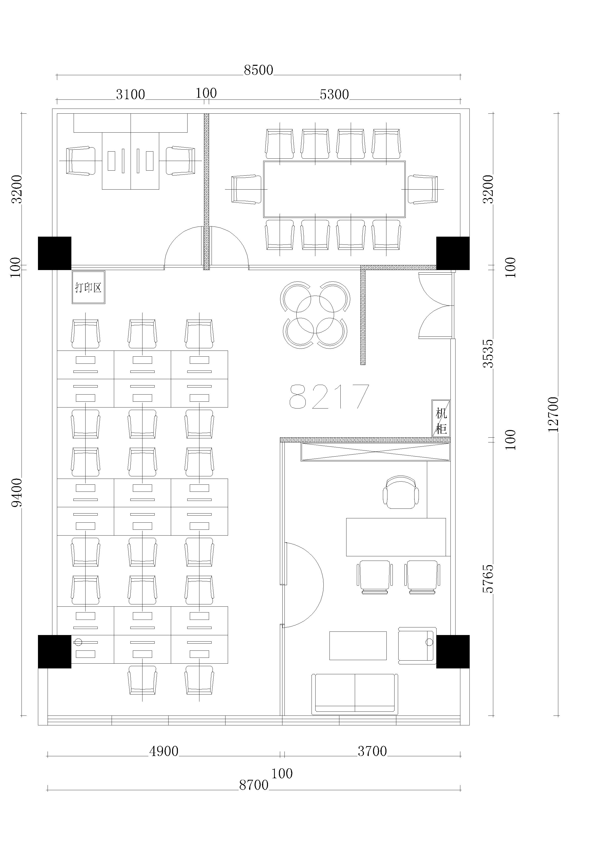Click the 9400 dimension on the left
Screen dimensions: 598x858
tap(17, 492)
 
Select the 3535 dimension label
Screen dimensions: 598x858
tap(488, 354)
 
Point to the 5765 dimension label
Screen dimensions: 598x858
tap(488, 579)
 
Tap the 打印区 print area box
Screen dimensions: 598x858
tap(88, 287)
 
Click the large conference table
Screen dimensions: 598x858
tap(334, 189)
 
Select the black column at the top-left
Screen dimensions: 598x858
tap(55, 253)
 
